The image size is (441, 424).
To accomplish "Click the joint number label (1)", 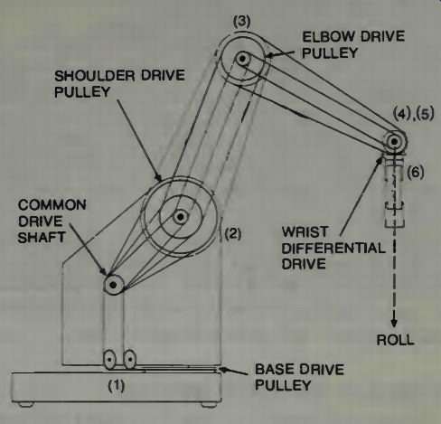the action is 117,385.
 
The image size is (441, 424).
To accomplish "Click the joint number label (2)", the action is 233,233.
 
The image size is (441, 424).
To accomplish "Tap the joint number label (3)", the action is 242,22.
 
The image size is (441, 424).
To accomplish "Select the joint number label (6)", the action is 416,172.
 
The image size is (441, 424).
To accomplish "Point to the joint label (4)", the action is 402,114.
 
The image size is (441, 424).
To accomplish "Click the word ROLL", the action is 395,340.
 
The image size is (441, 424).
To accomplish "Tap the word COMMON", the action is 52,205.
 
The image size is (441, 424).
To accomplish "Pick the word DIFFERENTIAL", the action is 333,249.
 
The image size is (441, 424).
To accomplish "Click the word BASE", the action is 274,370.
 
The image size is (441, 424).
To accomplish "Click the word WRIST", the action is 305,232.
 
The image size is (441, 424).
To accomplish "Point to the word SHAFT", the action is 42,238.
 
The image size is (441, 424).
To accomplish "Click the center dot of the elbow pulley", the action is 242,59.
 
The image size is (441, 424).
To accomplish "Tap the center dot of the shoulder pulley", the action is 180,217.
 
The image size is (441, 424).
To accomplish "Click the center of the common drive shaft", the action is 113,285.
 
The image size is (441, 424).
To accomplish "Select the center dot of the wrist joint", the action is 394,141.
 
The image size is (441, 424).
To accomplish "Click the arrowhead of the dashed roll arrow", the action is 394,324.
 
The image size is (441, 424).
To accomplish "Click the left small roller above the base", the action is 109,360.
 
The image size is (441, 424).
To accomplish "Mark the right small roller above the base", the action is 130,360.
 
